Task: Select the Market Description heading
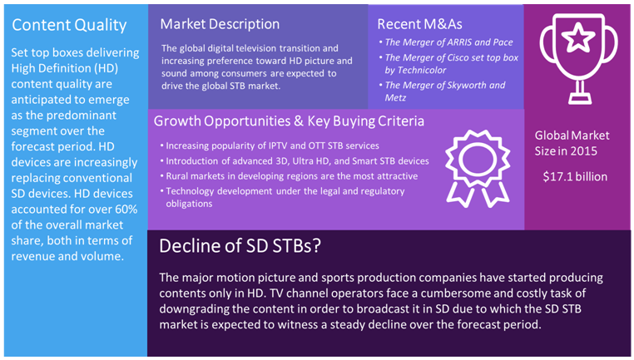(220, 24)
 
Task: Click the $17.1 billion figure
(575, 176)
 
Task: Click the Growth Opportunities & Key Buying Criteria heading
(289, 121)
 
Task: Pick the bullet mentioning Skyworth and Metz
(445, 91)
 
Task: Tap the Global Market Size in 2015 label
(572, 142)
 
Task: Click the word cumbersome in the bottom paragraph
(491, 293)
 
